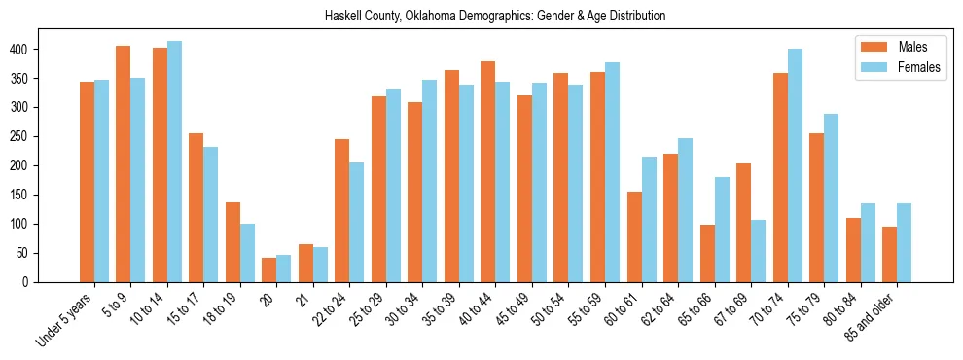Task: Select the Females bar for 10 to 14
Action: tap(174, 162)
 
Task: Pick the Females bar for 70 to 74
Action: tap(795, 165)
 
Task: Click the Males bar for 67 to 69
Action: tap(743, 223)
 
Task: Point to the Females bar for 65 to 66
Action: tap(722, 230)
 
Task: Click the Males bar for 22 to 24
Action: tap(342, 210)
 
